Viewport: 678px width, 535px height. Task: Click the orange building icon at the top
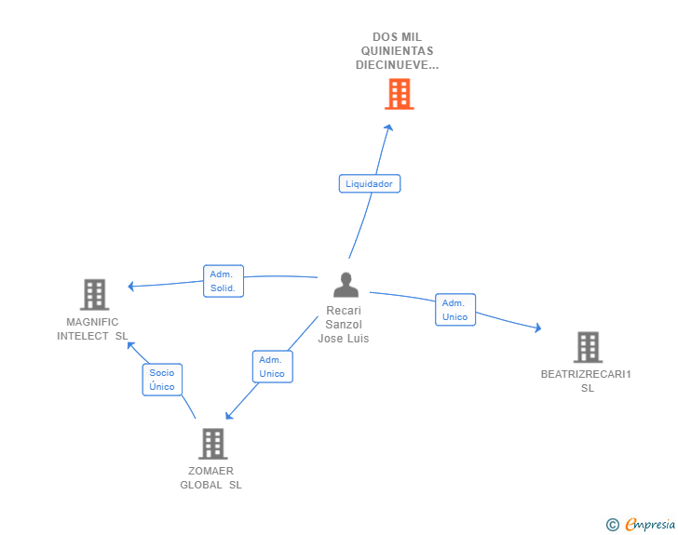(399, 94)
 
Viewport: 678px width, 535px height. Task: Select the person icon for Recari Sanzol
(346, 285)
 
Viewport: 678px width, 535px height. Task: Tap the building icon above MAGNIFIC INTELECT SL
(94, 295)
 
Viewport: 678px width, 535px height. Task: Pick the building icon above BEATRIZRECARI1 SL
(587, 347)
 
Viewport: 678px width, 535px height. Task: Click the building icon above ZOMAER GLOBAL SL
(212, 444)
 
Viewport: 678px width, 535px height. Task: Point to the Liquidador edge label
(370, 184)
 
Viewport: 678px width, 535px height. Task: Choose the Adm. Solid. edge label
(224, 281)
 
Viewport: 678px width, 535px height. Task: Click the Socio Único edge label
(162, 380)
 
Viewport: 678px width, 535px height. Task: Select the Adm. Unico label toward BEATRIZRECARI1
(454, 310)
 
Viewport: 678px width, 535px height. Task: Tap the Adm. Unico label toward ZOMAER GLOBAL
(272, 367)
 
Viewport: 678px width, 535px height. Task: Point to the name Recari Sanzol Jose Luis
(344, 325)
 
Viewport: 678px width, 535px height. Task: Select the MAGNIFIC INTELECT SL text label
(92, 329)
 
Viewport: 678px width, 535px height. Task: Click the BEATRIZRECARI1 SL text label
(587, 381)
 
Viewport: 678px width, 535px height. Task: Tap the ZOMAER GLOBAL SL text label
(210, 477)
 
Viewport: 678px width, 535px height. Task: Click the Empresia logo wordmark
(649, 525)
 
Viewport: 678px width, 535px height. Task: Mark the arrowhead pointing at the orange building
(389, 127)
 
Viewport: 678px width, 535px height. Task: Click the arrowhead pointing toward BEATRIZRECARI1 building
(537, 328)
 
